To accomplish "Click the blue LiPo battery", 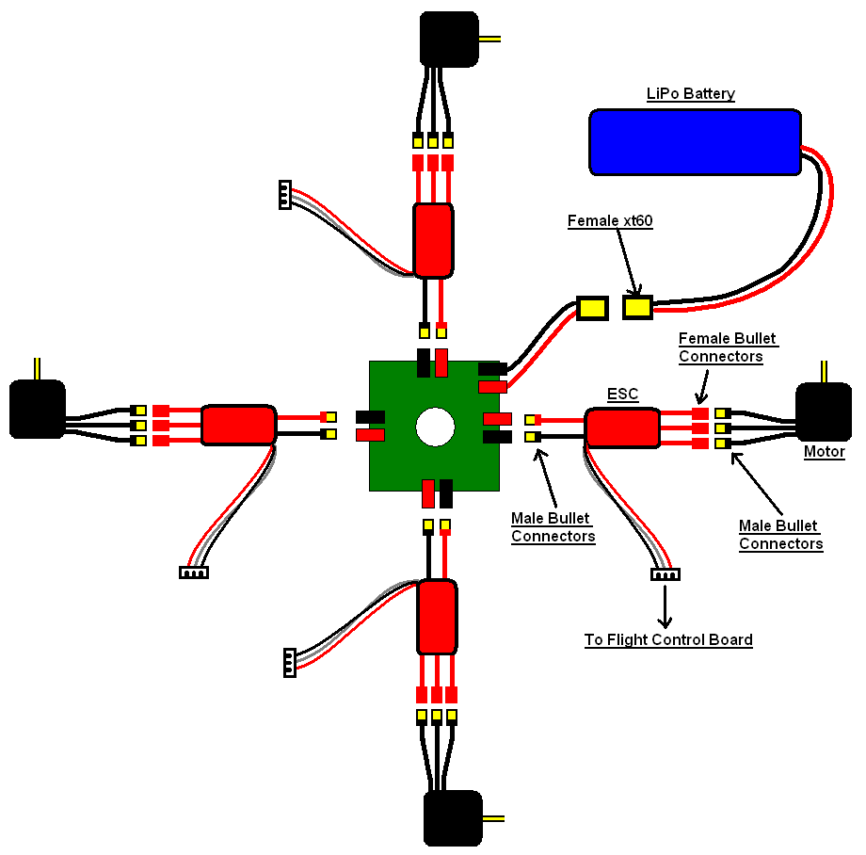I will (x=695, y=141).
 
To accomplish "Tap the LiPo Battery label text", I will (x=690, y=94).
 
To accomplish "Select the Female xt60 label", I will (x=610, y=221).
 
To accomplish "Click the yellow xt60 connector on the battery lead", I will (x=637, y=307).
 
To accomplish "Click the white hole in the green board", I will (x=434, y=426).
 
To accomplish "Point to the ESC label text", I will (x=622, y=395).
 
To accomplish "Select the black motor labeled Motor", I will (x=823, y=412).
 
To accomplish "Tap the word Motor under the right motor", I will (x=824, y=452).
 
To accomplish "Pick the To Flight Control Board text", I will (x=668, y=640).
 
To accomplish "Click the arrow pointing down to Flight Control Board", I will (x=666, y=606).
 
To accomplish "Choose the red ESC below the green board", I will (x=436, y=616).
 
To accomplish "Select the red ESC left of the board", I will (x=238, y=425).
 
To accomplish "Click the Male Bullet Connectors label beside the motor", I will (x=780, y=535).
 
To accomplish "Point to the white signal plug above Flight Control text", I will (x=666, y=573).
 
